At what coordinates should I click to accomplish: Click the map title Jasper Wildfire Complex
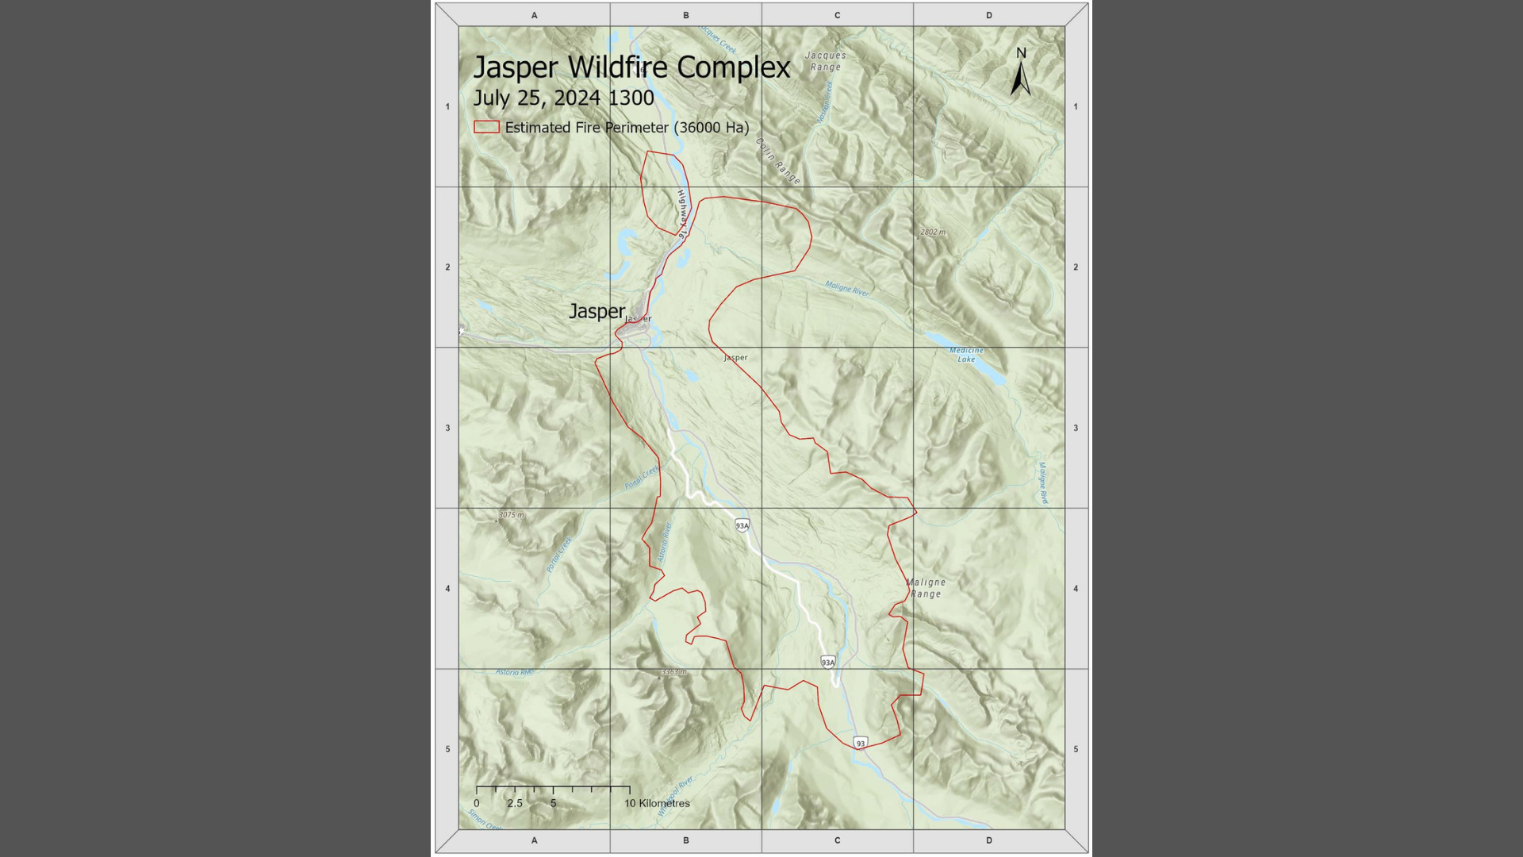631,67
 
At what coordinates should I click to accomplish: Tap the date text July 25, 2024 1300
563,98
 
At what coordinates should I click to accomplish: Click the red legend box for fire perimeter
486,127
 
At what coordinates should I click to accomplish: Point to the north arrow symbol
1021,73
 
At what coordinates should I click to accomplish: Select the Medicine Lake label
966,355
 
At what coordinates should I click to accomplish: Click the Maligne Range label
926,588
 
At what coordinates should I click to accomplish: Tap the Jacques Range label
826,61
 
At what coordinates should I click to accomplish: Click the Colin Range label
778,162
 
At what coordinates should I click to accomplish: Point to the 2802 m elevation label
933,233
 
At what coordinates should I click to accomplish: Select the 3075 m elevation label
511,515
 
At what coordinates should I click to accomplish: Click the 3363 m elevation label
673,672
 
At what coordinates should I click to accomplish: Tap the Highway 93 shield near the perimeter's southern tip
861,744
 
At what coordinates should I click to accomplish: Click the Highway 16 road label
681,213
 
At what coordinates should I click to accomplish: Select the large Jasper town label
597,311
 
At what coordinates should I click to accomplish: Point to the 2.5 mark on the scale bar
515,803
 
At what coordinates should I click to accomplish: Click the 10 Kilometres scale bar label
657,803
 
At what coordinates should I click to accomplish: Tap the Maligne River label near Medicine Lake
847,289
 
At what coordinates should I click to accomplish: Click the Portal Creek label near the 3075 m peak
559,555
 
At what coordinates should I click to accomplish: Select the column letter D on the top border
988,15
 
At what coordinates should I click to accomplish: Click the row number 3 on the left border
447,428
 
